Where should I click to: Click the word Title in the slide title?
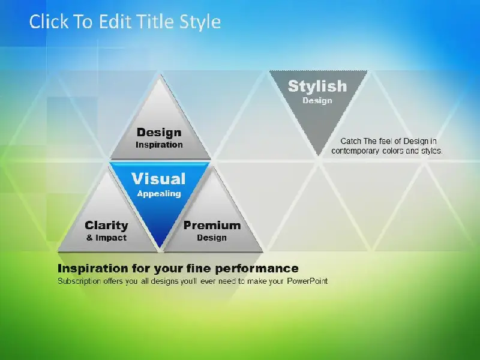(x=155, y=22)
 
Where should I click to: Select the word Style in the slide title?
(x=200, y=22)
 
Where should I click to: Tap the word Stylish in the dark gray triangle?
(x=317, y=86)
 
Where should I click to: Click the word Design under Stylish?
(x=317, y=101)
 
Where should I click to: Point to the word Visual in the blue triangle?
(x=158, y=179)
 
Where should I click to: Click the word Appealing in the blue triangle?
(x=159, y=194)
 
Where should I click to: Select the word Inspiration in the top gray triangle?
(x=159, y=145)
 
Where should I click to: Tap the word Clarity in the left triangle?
(x=106, y=226)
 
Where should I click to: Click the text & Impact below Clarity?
(x=106, y=238)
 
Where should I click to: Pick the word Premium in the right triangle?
(x=212, y=226)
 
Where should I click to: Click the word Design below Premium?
(x=212, y=238)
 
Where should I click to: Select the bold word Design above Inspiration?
(x=159, y=133)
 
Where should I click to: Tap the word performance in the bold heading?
(x=257, y=268)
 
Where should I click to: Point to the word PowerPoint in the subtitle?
(x=307, y=281)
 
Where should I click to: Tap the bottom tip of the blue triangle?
(x=160, y=247)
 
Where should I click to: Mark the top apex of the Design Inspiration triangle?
(x=160, y=74)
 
